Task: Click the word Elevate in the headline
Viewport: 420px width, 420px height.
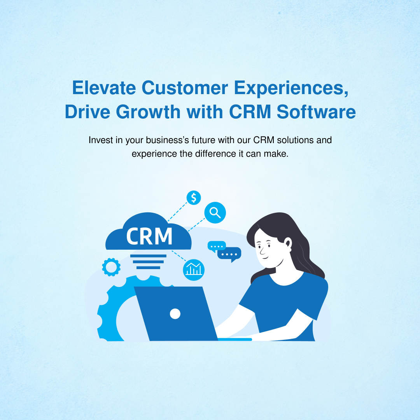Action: [104, 87]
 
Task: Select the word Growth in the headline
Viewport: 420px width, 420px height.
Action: [148, 112]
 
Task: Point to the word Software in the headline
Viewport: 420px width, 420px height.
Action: [316, 112]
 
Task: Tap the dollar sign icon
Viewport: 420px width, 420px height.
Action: [194, 198]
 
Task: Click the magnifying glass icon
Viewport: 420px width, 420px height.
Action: [215, 212]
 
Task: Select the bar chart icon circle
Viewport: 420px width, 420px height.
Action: [194, 270]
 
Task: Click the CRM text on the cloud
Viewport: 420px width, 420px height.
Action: [149, 236]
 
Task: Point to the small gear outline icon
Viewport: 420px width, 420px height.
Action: [111, 267]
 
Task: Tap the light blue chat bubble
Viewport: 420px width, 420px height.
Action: [217, 246]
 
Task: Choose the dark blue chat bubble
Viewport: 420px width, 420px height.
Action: [229, 254]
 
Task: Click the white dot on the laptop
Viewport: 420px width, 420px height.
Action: [175, 314]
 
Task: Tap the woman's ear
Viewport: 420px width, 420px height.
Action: [288, 243]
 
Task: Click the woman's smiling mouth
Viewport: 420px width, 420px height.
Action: [265, 258]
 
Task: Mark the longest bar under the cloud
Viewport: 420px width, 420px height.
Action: [149, 256]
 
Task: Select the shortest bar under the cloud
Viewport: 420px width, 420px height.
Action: [149, 268]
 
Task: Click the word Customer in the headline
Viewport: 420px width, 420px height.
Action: [185, 87]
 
